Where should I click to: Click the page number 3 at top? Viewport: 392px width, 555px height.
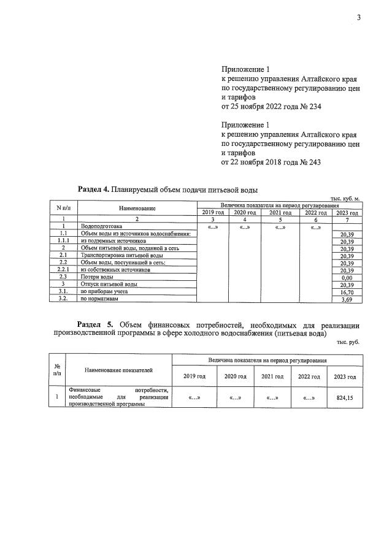[359, 17]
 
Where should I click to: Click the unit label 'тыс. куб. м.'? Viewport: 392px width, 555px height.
[348, 197]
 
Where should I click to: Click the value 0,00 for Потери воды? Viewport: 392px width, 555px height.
[347, 277]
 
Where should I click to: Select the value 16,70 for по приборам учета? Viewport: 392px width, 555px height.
[347, 292]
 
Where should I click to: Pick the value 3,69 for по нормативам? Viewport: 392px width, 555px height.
[347, 299]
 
